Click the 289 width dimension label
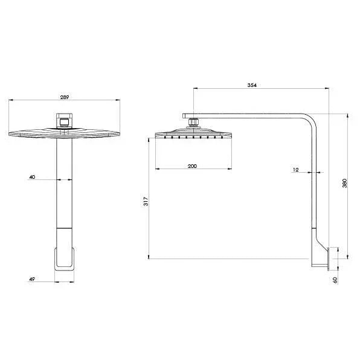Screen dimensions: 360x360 coord(64,95)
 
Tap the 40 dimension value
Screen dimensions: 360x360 coord(31,177)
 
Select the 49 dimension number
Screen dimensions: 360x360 coord(31,280)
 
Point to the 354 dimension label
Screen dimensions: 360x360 coord(253,85)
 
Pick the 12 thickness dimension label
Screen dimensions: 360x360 coord(295,170)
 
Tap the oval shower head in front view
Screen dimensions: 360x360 coord(64,134)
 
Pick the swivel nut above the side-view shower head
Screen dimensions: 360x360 coord(193,123)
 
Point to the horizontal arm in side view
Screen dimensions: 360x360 coord(254,115)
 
